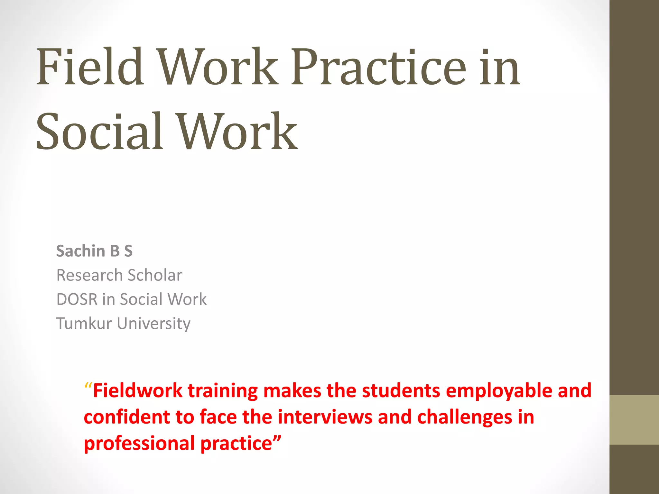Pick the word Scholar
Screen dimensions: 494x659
tap(155, 275)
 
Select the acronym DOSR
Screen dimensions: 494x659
tap(77, 299)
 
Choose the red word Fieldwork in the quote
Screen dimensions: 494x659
tap(138, 391)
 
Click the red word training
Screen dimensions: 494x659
tap(223, 391)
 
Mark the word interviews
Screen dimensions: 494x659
tap(325, 417)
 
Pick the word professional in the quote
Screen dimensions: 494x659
tap(139, 444)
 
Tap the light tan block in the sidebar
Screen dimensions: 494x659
tap(634, 420)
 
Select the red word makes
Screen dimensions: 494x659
tap(292, 391)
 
